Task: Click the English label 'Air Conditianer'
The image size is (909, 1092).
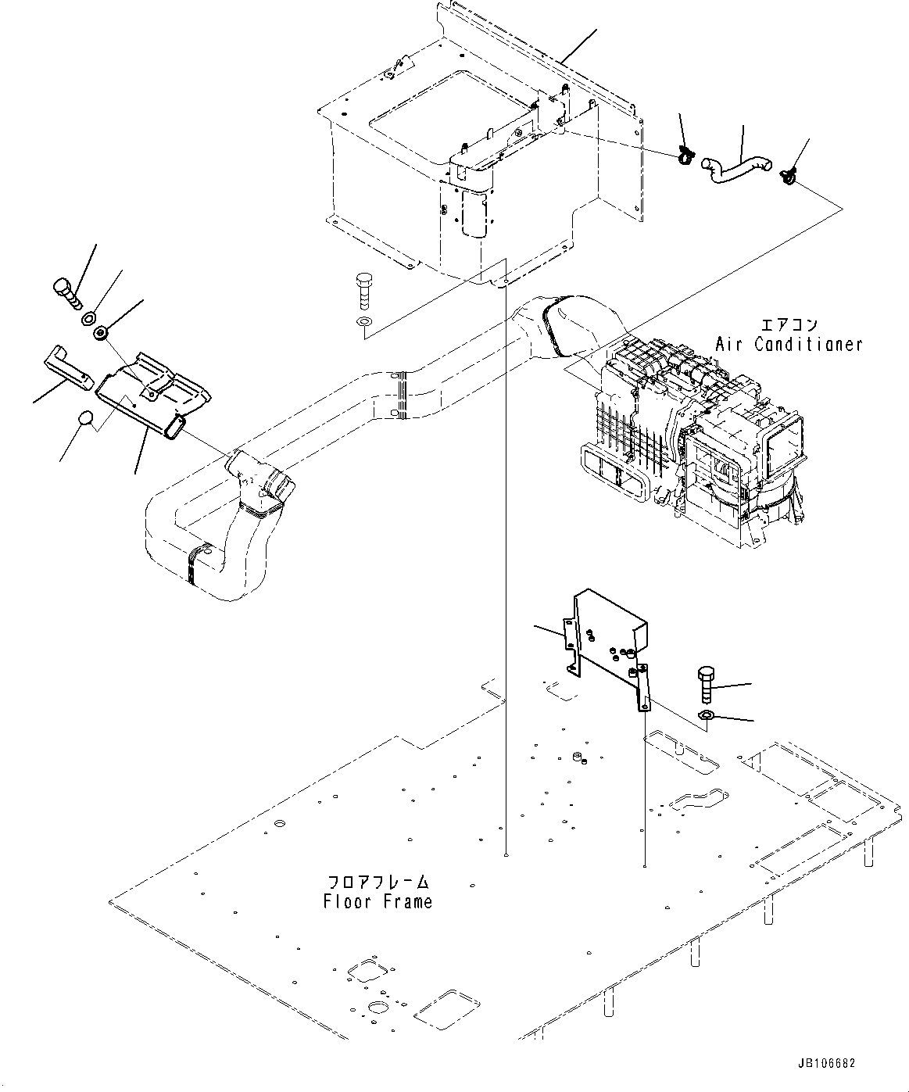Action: point(789,344)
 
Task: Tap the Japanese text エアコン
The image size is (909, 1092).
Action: point(789,324)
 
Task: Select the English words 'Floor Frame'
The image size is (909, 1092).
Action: point(378,901)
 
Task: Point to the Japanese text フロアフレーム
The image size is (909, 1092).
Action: point(378,883)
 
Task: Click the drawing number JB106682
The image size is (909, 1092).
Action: point(827,1064)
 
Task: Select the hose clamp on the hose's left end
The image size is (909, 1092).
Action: point(685,157)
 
